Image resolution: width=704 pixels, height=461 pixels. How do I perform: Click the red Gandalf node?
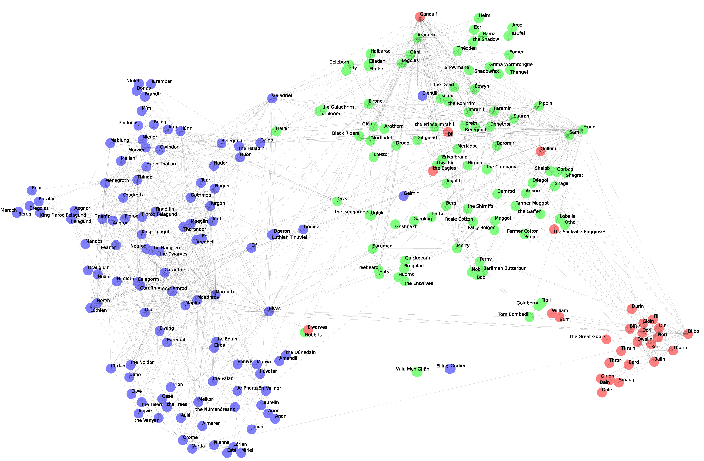point(420,17)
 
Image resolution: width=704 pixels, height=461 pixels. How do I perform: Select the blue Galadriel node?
point(272,98)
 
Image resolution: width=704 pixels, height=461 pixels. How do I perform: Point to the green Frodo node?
point(583,130)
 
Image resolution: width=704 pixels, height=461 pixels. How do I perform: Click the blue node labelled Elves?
point(269,311)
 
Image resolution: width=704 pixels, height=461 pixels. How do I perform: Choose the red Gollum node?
point(540,151)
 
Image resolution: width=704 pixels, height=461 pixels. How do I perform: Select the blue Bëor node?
point(32,191)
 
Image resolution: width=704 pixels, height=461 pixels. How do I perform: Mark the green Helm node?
point(479,18)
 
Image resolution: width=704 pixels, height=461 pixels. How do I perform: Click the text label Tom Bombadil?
point(513,314)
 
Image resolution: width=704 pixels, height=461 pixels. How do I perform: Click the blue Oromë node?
point(183,440)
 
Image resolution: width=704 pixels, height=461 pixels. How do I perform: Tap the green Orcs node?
point(337,202)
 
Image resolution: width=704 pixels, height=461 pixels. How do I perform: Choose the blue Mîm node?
point(142,111)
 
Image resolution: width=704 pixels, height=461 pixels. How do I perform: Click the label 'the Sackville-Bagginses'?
point(580,232)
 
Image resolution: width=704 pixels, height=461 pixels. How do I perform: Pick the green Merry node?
point(457,248)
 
